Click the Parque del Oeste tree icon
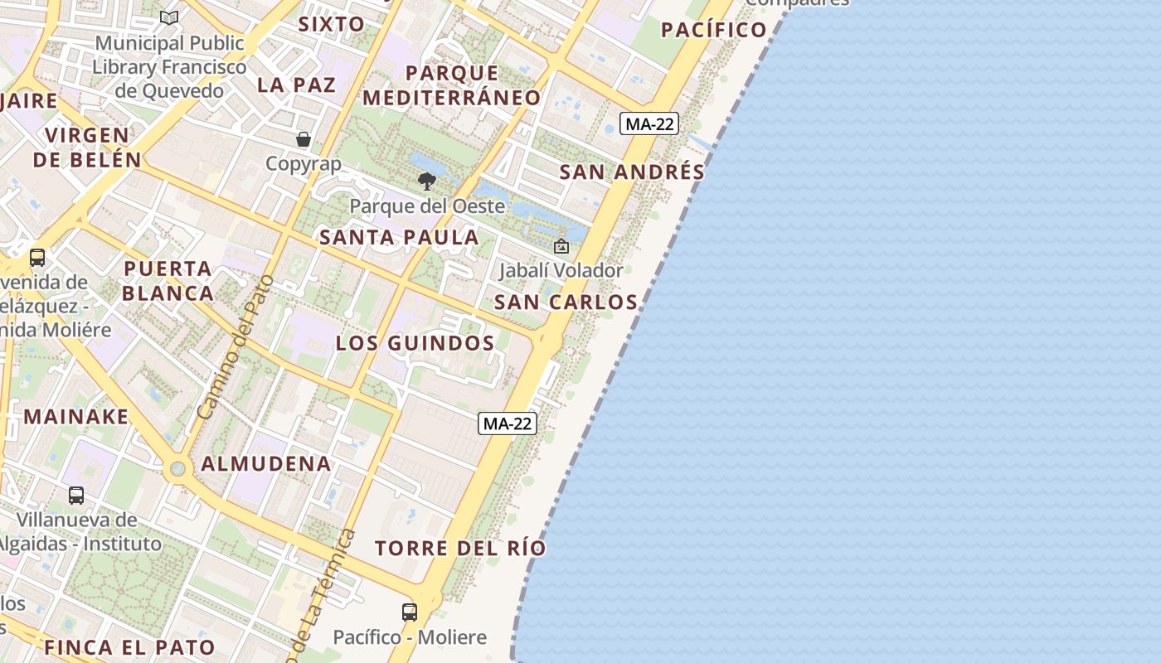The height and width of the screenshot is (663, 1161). [x=427, y=181]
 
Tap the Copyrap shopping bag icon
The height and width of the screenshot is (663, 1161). [x=304, y=139]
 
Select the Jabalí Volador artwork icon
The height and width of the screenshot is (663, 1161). [x=561, y=246]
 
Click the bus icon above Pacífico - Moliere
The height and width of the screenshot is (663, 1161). [x=410, y=612]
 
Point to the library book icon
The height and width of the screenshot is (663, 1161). [x=169, y=17]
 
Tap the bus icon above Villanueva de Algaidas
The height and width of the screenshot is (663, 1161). [x=76, y=496]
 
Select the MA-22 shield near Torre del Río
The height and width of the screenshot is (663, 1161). [x=508, y=423]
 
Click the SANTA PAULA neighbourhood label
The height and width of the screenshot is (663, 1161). [x=400, y=237]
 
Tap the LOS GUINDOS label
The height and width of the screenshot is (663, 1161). [x=415, y=343]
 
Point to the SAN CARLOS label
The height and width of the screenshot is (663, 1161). [x=566, y=302]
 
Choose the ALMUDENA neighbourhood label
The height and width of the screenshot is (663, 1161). [x=266, y=463]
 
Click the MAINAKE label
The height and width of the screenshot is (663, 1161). [x=76, y=416]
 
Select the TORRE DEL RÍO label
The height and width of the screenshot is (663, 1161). [x=460, y=548]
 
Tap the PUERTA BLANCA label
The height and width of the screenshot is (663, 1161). [x=168, y=281]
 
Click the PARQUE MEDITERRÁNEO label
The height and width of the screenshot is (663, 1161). [x=452, y=85]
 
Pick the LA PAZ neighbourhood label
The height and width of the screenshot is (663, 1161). [x=296, y=85]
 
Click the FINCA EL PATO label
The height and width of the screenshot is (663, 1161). [x=130, y=647]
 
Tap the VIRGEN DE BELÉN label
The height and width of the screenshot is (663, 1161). [x=87, y=147]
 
